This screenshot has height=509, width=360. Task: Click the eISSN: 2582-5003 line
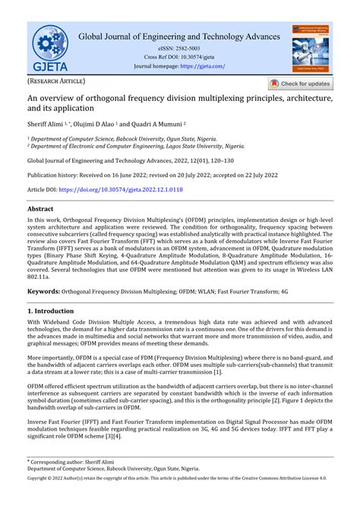click(179, 48)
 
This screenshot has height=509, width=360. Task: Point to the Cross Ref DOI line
click(179, 57)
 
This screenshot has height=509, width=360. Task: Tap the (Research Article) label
click(57, 81)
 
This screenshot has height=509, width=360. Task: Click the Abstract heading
click(40, 207)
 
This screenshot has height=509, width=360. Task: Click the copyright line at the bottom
click(180, 501)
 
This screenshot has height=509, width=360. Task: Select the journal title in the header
click(179, 36)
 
